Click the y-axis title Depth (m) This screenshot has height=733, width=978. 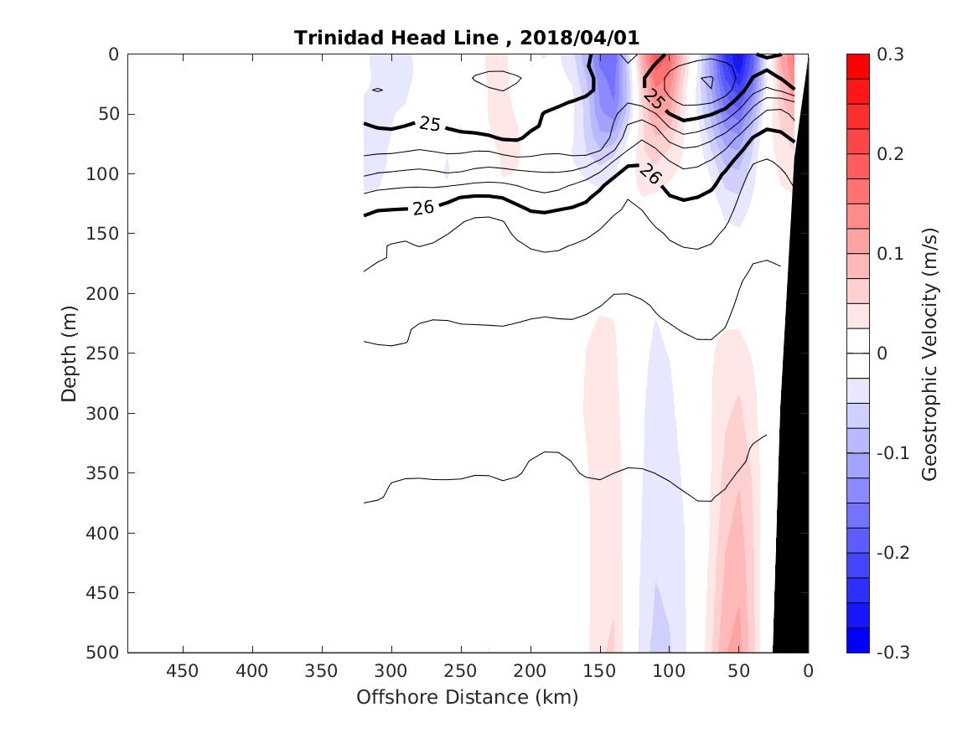click(70, 354)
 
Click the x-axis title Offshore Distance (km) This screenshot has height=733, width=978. click(468, 697)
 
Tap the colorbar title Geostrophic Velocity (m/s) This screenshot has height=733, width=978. click(929, 354)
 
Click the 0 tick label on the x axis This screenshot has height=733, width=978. click(808, 671)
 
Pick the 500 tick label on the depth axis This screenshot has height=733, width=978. click(106, 653)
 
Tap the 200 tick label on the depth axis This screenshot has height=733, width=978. click(106, 293)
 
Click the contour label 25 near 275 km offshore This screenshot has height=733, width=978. click(429, 125)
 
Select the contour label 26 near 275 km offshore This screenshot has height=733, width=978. click(423, 207)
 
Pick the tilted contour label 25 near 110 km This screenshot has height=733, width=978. click(655, 100)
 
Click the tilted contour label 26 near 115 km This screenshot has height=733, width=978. click(649, 174)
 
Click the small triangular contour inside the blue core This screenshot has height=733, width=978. click(708, 82)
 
